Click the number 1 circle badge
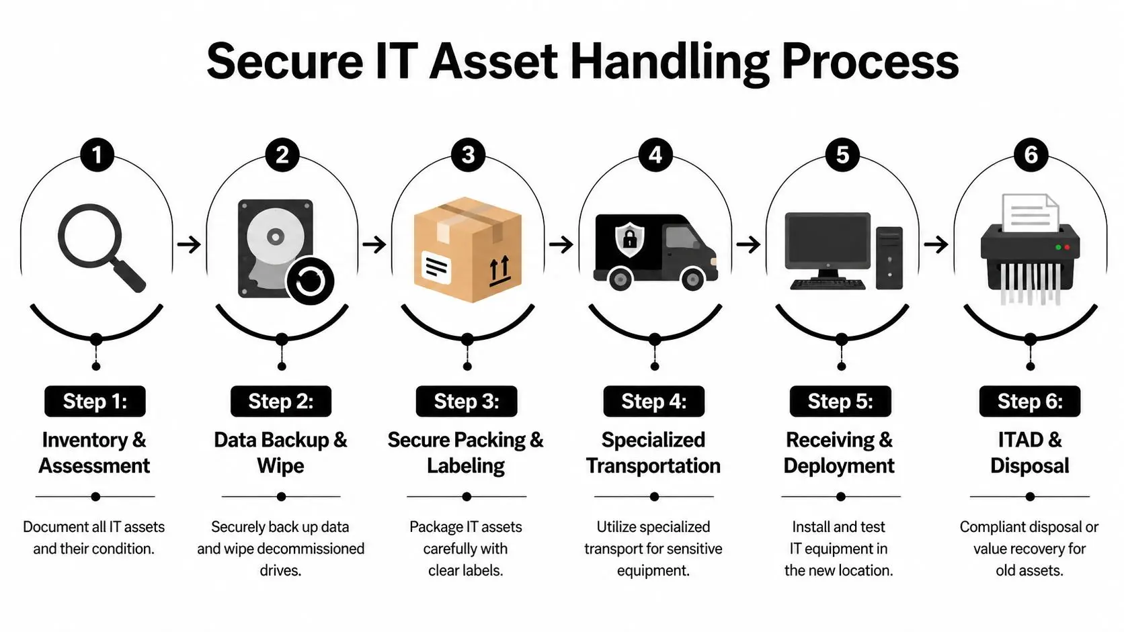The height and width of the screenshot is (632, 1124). click(97, 154)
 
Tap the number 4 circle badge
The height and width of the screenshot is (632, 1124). click(655, 154)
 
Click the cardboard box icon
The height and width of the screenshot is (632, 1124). click(467, 249)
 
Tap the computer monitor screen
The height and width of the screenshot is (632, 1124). click(827, 241)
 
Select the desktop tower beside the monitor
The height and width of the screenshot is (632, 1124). click(889, 258)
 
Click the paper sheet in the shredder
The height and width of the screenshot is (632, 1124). click(1029, 212)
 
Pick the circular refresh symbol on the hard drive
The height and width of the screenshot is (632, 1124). click(310, 280)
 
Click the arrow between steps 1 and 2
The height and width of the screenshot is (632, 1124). click(189, 244)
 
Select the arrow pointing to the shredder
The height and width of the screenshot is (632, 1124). click(936, 244)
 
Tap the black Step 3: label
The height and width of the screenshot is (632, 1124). click(467, 401)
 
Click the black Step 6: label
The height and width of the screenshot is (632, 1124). click(1029, 401)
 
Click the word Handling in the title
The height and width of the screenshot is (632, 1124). click(669, 62)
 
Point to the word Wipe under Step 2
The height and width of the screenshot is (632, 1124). click(280, 465)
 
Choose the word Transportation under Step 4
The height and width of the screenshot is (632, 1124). click(653, 465)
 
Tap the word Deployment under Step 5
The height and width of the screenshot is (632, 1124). click(839, 465)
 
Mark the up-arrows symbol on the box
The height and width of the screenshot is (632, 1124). click(499, 270)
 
